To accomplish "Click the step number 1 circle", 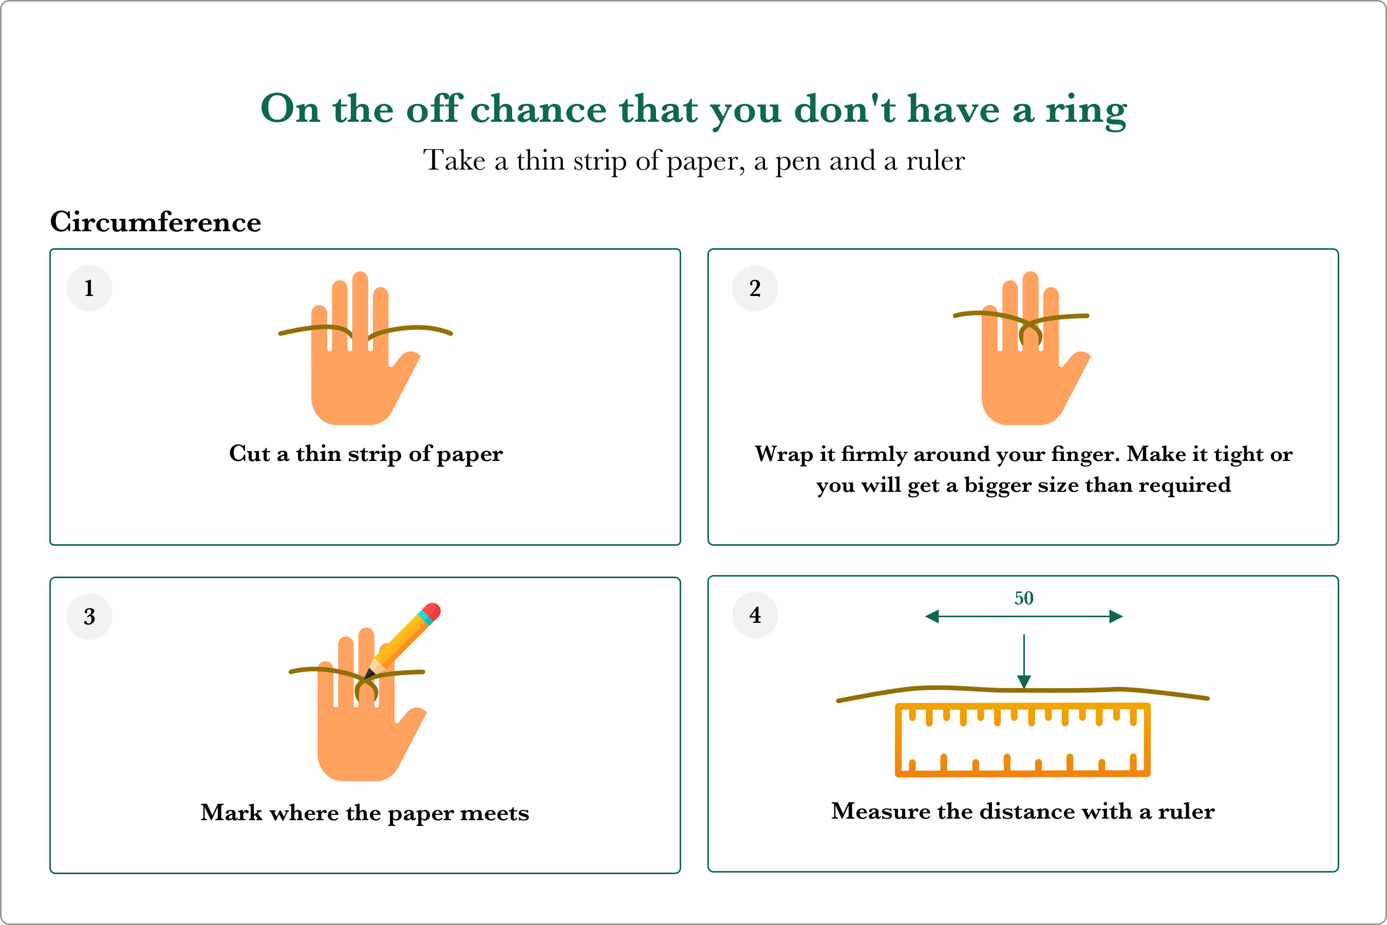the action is point(89,288).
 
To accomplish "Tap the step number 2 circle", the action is point(755,288).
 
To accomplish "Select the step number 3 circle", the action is point(89,617).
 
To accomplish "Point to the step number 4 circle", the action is point(755,615).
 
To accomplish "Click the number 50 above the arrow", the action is point(1024,598).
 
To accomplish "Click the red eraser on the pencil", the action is point(432,611).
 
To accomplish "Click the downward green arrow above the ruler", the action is point(1024,661).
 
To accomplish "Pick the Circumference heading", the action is point(156,222).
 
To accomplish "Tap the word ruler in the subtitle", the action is point(935,160).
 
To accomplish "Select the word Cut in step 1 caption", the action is point(250,454).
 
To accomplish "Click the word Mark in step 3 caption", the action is point(231,813).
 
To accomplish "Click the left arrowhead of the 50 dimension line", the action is point(932,617).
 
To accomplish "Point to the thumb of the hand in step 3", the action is point(411,722).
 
